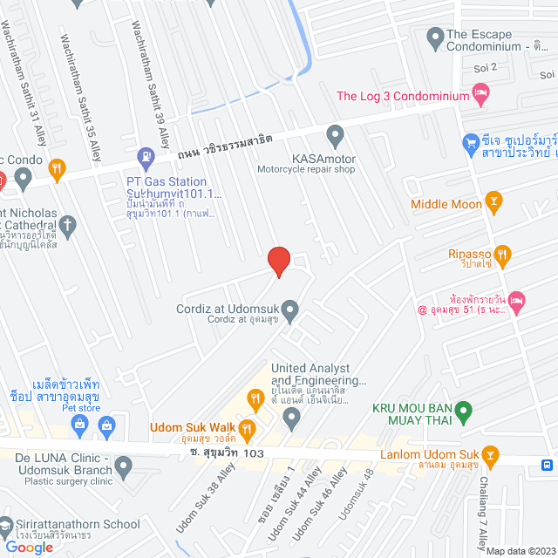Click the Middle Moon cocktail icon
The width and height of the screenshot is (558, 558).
tap(494, 204)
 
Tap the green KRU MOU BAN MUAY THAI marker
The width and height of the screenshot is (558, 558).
tap(465, 408)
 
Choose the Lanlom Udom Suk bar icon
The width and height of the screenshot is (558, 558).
tap(491, 454)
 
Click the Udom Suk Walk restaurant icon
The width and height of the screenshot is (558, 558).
tap(247, 427)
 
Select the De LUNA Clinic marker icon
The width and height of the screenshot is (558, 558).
tap(124, 469)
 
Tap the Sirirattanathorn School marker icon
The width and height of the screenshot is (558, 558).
tap(6, 525)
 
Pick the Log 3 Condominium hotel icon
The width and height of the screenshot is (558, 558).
tap(480, 92)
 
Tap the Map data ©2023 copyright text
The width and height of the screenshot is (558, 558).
tap(520, 551)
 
